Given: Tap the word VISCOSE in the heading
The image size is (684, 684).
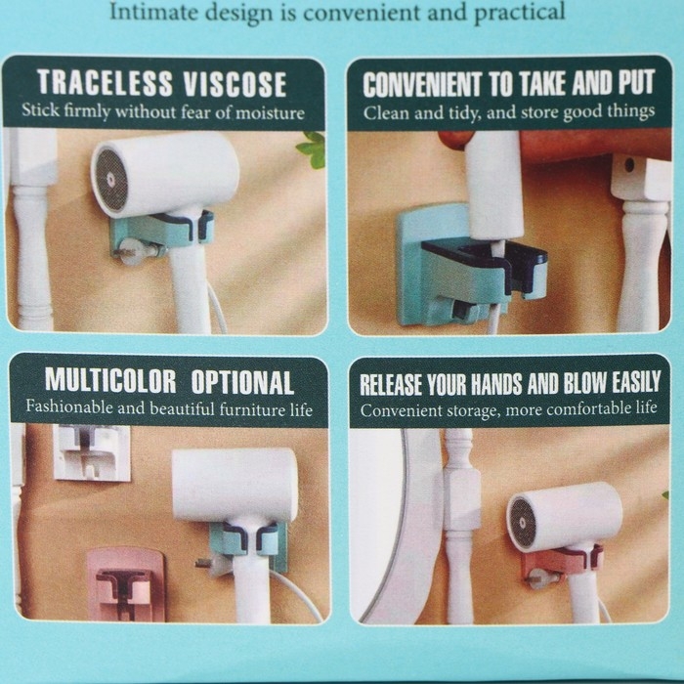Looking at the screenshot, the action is (x=235, y=83).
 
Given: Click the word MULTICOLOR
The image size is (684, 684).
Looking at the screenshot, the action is (x=110, y=381).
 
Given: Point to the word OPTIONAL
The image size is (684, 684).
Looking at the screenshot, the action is (x=242, y=383).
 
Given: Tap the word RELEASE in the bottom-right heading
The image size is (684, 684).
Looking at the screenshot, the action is (x=391, y=384).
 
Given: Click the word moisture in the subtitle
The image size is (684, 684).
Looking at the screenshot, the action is (x=270, y=113).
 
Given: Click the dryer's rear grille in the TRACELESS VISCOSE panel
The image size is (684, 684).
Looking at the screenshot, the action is (x=111, y=179).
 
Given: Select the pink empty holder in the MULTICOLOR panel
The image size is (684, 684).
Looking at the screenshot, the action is (x=125, y=584).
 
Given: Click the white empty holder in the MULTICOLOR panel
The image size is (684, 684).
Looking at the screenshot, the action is (x=92, y=452).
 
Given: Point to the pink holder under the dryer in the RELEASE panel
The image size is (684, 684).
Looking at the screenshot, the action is (x=563, y=564).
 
